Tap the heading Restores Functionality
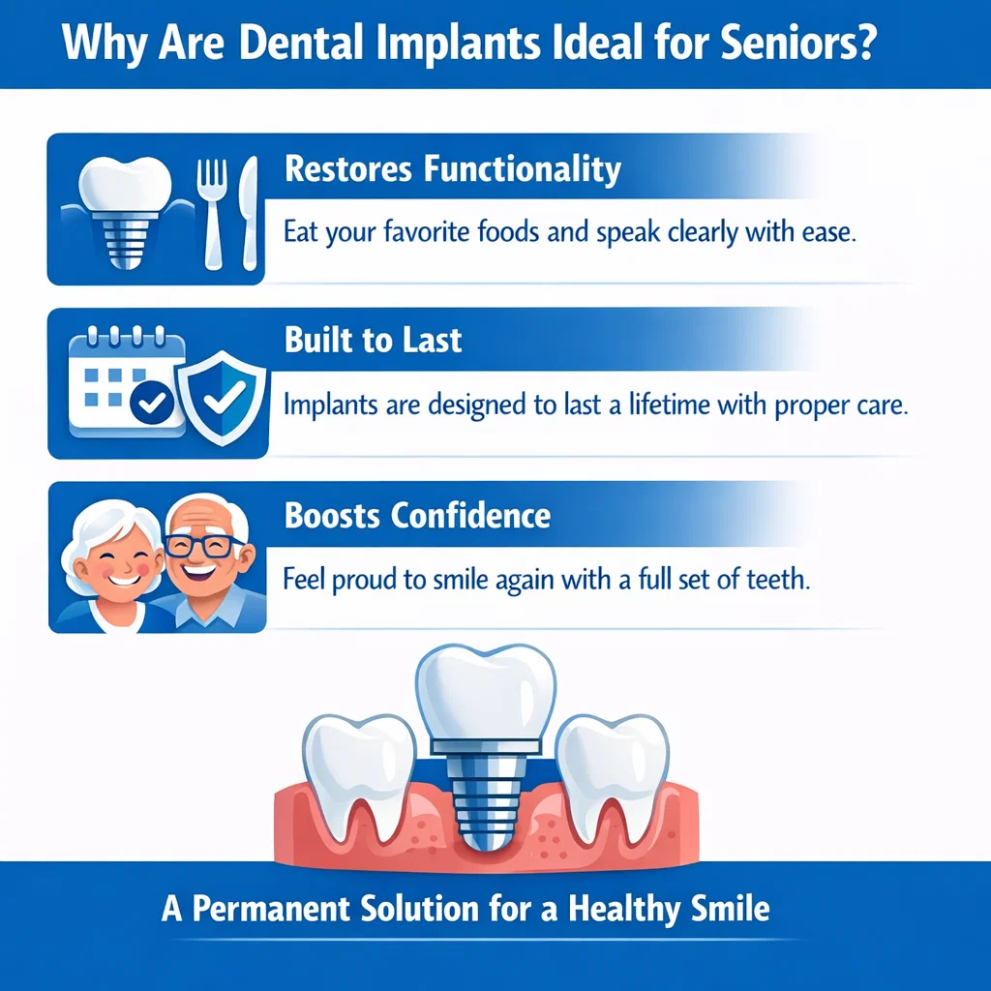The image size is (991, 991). point(453,169)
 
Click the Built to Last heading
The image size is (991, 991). point(374,341)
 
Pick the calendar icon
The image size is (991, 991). point(124,380)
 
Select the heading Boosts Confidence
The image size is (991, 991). point(417,515)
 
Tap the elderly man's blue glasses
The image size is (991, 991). point(205,545)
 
